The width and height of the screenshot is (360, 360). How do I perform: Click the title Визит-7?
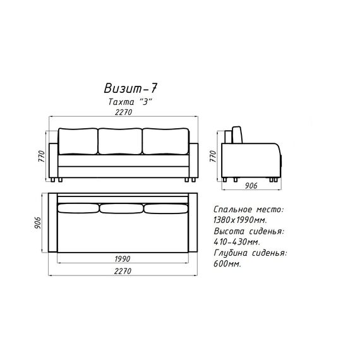130,88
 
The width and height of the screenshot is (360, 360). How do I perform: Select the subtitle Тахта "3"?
130,102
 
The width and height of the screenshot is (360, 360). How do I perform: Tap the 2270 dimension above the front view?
124,112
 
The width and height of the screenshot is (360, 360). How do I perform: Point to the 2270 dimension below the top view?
123,271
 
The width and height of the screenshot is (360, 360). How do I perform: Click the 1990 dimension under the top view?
123,259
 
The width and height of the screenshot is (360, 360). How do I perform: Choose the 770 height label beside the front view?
42,156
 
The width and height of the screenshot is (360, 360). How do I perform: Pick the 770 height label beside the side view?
213,156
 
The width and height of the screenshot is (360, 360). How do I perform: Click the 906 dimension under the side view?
251,186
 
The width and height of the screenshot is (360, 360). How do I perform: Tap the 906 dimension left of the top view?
37,222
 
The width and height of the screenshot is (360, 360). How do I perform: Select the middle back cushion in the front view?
120,141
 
